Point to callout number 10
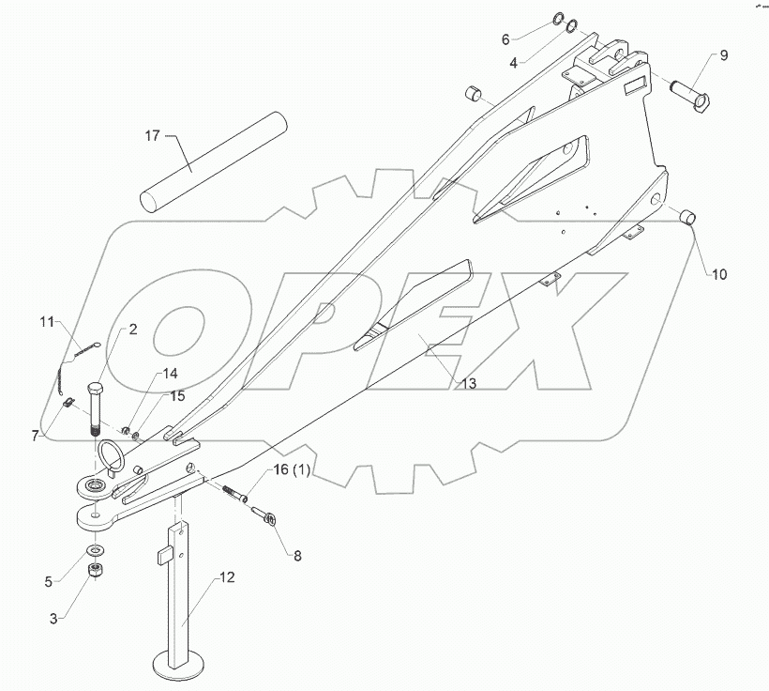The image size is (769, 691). pyautogui.click(x=718, y=275)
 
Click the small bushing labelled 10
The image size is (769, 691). pyautogui.click(x=690, y=217)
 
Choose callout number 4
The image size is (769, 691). pyautogui.click(x=514, y=63)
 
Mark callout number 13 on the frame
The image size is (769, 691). pyautogui.click(x=468, y=383)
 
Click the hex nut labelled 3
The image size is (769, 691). pyautogui.click(x=96, y=572)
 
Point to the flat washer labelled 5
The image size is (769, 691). pyautogui.click(x=95, y=549)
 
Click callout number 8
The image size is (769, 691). pyautogui.click(x=297, y=555)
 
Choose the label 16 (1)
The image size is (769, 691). pyautogui.click(x=288, y=470)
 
